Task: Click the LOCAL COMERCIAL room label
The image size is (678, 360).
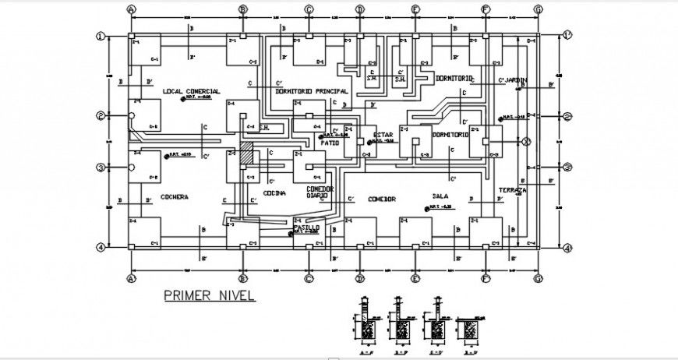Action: [x=192, y=91]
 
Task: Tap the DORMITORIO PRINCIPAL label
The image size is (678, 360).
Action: [x=311, y=91]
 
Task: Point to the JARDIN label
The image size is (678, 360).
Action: [x=515, y=79]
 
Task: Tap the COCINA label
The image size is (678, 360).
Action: [x=274, y=193]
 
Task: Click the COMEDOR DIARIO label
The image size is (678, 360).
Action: [x=320, y=192]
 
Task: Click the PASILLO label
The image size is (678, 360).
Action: [x=306, y=227]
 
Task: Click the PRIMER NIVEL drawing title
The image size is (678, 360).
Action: [x=209, y=296]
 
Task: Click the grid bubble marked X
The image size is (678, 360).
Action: [x=526, y=142]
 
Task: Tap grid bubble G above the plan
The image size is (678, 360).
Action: [x=538, y=10]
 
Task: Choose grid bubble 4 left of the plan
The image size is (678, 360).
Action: [x=101, y=248]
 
